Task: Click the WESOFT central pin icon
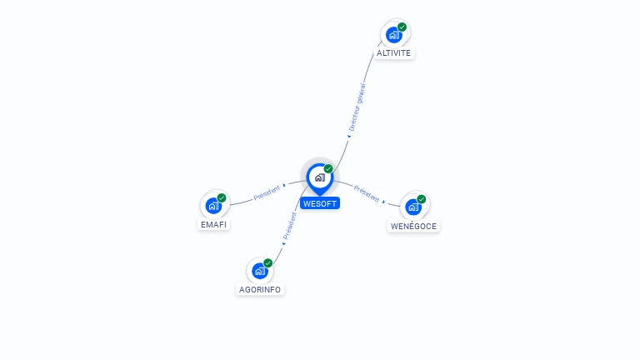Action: click(319, 177)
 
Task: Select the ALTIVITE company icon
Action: click(394, 34)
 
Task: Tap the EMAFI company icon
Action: click(213, 205)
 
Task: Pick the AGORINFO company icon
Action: click(260, 270)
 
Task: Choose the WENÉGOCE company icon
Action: click(413, 207)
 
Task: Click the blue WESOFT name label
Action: click(320, 203)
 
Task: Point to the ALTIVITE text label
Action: click(393, 53)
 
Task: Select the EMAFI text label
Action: click(213, 225)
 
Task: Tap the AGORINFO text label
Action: click(260, 290)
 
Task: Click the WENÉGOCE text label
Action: click(413, 226)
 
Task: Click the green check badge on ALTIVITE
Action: click(402, 27)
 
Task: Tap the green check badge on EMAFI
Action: click(222, 197)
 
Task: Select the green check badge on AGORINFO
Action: click(267, 262)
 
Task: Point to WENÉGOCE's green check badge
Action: click(422, 199)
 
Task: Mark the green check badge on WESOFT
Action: click(328, 168)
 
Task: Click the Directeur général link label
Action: click(357, 107)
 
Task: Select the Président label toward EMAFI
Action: click(267, 192)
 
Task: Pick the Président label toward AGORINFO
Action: click(289, 226)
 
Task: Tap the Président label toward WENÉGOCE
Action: click(367, 192)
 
